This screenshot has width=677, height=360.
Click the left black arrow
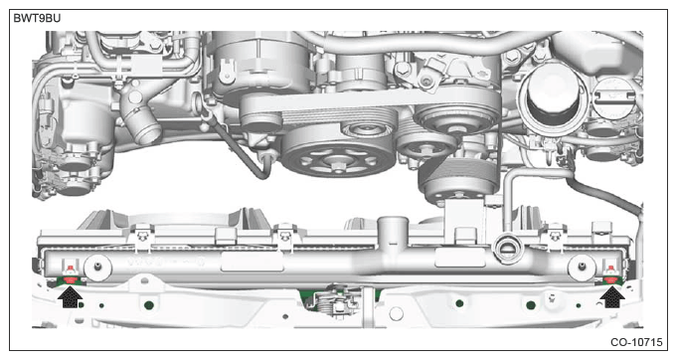coord(70,297)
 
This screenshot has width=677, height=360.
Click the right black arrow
coord(611,297)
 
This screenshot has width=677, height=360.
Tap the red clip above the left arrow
coord(70,278)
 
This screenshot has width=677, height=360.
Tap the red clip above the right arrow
coord(611,277)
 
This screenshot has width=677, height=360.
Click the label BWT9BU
coord(37,19)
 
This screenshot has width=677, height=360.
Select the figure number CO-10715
coord(636,342)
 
